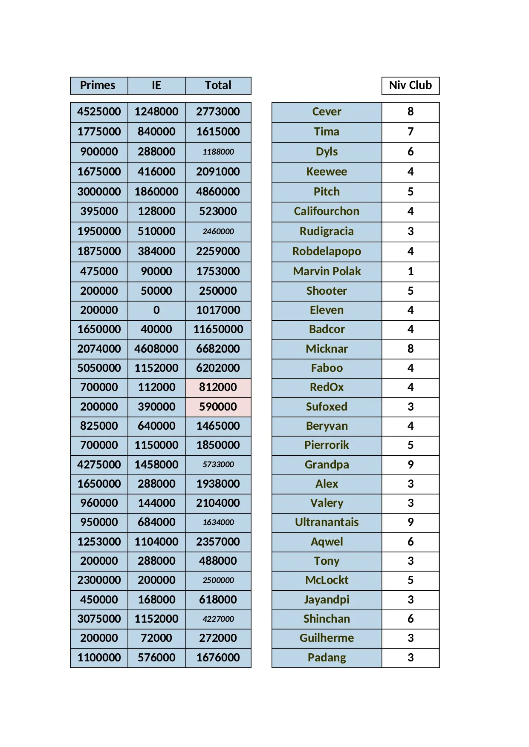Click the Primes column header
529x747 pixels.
[x=98, y=85]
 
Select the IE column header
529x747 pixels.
[x=156, y=85]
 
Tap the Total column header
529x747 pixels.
[x=218, y=85]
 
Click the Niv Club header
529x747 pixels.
[x=410, y=85]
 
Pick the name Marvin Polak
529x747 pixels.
[x=327, y=271]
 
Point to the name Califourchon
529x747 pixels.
[x=327, y=211]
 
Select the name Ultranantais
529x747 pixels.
[x=327, y=522]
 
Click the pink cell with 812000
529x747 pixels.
[x=218, y=387]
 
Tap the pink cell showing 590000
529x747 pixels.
[x=218, y=407]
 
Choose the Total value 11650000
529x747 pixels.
[x=218, y=329]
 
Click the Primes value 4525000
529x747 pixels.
[x=99, y=112]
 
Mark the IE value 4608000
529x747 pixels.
[x=156, y=349]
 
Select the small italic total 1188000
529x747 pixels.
[x=218, y=152]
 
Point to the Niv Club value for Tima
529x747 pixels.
[x=410, y=132]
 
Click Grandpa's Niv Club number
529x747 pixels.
[x=410, y=465]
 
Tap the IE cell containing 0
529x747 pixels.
[x=156, y=310]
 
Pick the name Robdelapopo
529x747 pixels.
[x=327, y=251]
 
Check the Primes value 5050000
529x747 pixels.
[x=99, y=368]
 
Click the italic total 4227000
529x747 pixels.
[x=218, y=619]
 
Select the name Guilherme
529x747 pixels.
[x=327, y=638]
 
